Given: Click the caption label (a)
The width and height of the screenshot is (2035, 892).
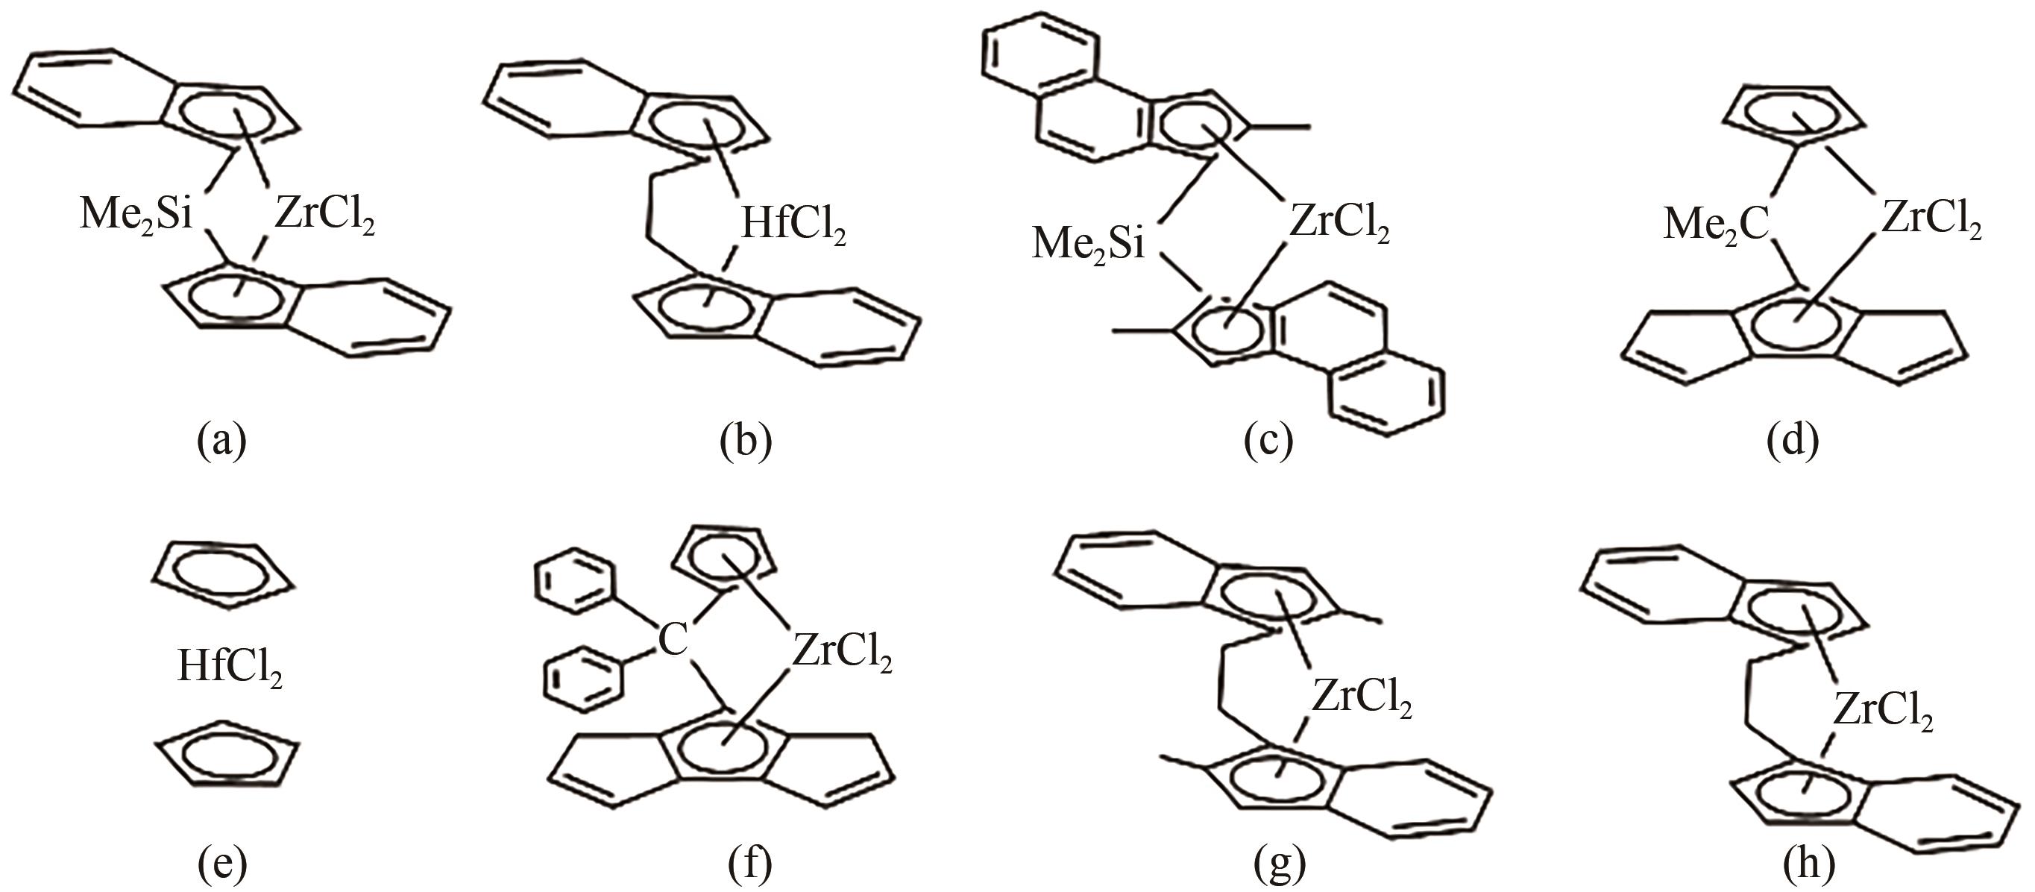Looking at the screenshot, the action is (222, 439).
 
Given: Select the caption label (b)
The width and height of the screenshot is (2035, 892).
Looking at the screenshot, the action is (746, 439).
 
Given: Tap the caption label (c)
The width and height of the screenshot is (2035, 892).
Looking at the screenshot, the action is (1268, 439).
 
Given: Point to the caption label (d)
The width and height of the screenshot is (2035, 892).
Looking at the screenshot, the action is (1793, 439).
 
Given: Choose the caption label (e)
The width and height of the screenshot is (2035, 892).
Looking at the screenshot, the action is (222, 864).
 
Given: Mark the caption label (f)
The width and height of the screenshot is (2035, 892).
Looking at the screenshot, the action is (748, 864).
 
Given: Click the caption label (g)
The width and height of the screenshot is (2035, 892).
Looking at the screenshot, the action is (1280, 864).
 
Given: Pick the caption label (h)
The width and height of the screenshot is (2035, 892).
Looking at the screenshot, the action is (1808, 864).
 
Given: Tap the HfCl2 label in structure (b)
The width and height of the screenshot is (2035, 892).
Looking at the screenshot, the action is (793, 225).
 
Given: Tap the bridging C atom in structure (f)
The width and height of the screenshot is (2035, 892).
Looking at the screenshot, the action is (673, 640).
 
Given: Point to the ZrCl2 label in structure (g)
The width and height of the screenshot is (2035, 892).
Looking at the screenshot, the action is (1362, 697).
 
